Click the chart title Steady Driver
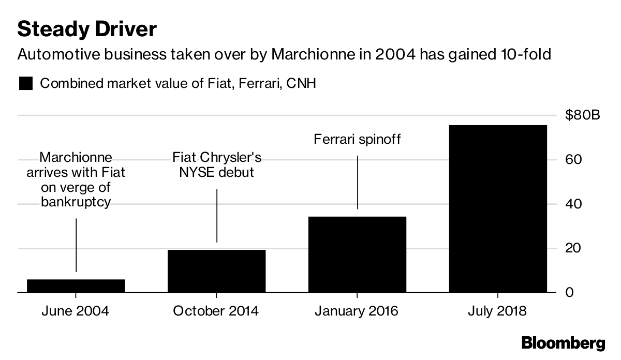(x=87, y=29)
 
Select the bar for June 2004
(x=76, y=286)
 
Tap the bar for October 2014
(x=216, y=271)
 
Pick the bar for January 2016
(x=358, y=254)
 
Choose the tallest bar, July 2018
(x=498, y=208)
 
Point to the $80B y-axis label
(x=583, y=115)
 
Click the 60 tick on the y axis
(x=573, y=159)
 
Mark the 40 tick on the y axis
(x=573, y=204)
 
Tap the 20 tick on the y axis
(x=573, y=248)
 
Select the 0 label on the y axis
(x=569, y=292)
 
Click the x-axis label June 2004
(x=76, y=311)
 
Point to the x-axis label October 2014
(x=216, y=311)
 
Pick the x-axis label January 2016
(x=357, y=311)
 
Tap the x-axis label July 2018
(x=497, y=311)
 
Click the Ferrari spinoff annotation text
(x=357, y=139)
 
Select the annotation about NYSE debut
(x=216, y=165)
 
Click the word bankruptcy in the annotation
(x=76, y=202)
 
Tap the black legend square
(x=26, y=83)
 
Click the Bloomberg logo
(x=564, y=343)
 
